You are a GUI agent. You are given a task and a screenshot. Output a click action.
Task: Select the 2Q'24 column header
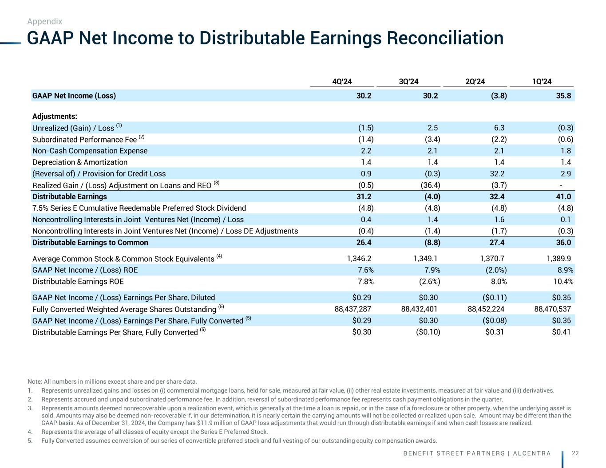[475, 81]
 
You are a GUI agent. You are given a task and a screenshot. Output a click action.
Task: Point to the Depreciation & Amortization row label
[80, 162]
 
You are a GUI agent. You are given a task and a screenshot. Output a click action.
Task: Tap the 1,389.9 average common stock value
[553, 259]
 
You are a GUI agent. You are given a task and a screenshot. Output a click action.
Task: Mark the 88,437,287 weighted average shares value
[353, 309]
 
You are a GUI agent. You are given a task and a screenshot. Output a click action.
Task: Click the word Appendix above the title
[44, 21]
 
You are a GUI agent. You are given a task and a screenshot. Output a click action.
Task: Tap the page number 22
[575, 453]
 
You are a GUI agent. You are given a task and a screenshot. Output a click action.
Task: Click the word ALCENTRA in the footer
[533, 453]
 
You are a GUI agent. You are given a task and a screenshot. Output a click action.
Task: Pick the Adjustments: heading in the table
[55, 116]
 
